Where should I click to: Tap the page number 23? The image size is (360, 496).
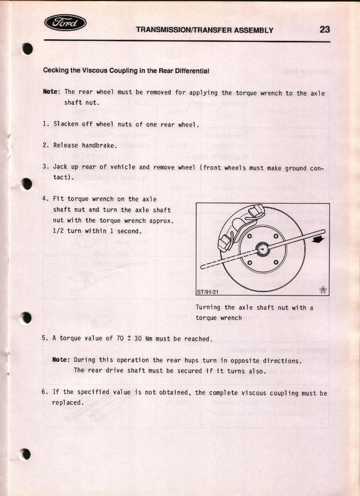[324, 30]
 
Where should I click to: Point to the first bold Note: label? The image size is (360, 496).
[52, 92]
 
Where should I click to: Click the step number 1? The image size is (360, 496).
[45, 124]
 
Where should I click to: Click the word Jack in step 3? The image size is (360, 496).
[61, 167]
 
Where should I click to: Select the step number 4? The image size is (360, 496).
[45, 199]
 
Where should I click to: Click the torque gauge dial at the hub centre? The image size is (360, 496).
[263, 249]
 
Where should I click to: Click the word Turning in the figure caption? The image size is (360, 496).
[208, 307]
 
